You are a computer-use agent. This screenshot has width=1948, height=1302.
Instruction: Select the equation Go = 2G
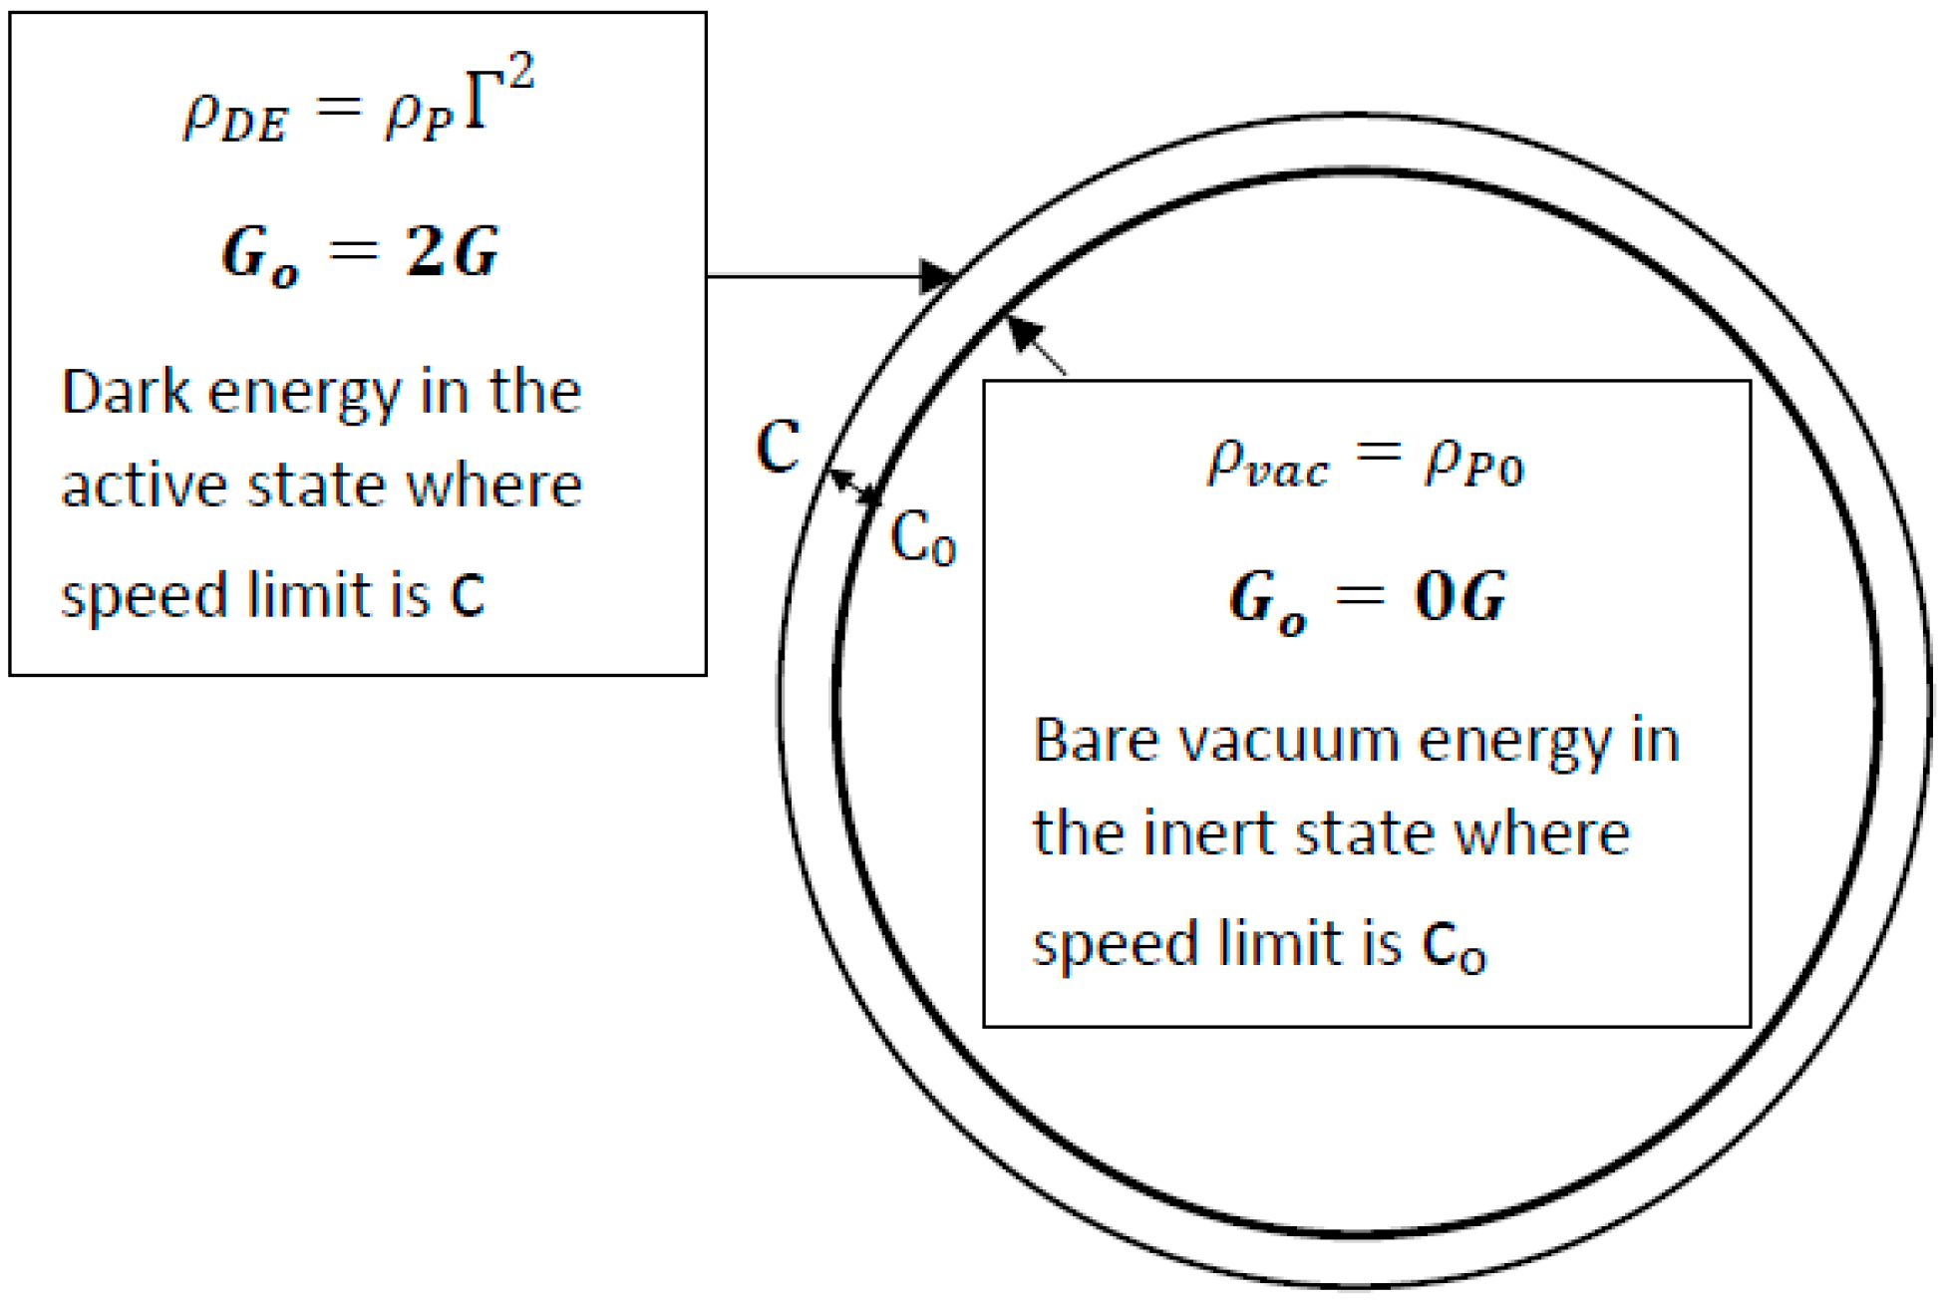coord(359,253)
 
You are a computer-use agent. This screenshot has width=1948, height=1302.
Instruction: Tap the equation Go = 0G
coord(1367,599)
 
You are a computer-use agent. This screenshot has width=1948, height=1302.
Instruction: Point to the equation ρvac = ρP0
coord(1366,465)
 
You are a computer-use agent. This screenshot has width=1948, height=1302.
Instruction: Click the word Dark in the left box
coord(126,391)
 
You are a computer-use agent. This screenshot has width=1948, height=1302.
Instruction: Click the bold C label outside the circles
coord(779,447)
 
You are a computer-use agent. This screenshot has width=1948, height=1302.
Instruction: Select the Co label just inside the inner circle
coord(923,539)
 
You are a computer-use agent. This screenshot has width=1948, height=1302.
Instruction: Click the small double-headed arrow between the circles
coord(855,486)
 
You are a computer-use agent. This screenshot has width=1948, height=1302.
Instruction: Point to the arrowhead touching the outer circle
coord(936,276)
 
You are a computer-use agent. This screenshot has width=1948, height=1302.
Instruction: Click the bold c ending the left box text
coord(468,596)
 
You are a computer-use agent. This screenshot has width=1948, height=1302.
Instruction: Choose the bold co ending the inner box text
coord(1455,945)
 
